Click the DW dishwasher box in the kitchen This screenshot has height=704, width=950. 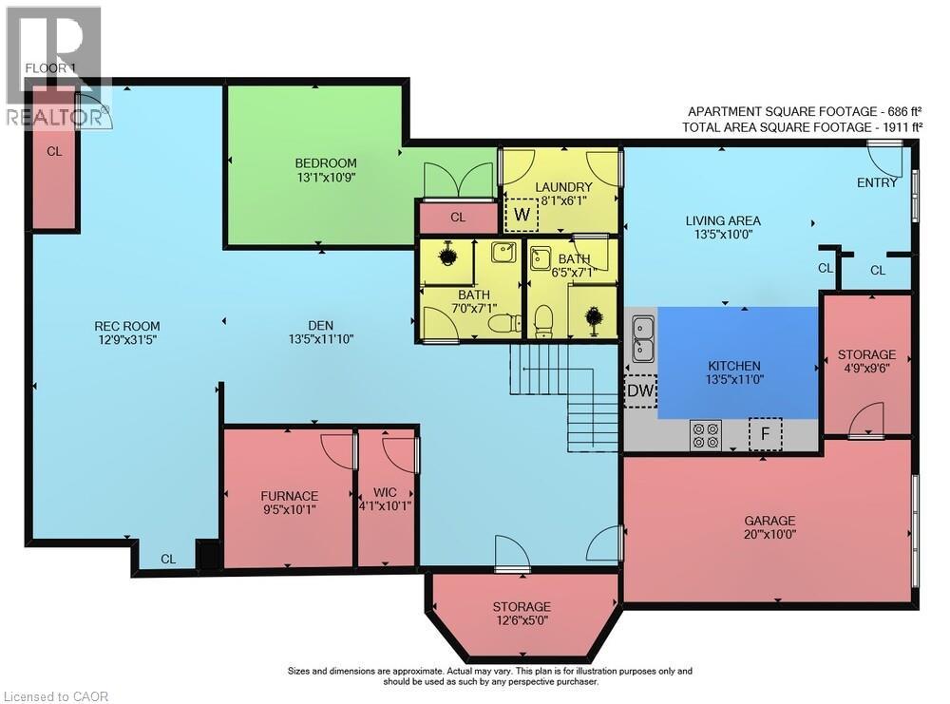tap(640, 391)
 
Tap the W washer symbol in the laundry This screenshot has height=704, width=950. tap(522, 215)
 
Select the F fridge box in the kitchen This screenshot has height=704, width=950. tap(765, 434)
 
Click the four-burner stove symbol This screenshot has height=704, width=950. tap(706, 436)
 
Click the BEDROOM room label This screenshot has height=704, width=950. tap(325, 163)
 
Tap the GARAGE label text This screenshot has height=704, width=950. tap(770, 521)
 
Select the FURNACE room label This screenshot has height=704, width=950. tap(289, 496)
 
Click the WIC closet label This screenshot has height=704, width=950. tap(385, 492)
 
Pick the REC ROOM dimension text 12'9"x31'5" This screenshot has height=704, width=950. tap(127, 340)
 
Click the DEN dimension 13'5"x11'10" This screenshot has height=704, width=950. tap(321, 339)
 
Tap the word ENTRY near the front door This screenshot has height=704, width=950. tap(877, 183)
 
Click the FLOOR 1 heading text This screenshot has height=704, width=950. tap(50, 67)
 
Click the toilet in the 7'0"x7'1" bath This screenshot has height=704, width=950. tap(504, 323)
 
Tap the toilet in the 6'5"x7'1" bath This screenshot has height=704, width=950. tap(543, 320)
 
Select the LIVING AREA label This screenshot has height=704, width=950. tap(723, 221)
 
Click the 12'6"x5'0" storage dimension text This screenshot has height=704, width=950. tap(521, 620)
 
